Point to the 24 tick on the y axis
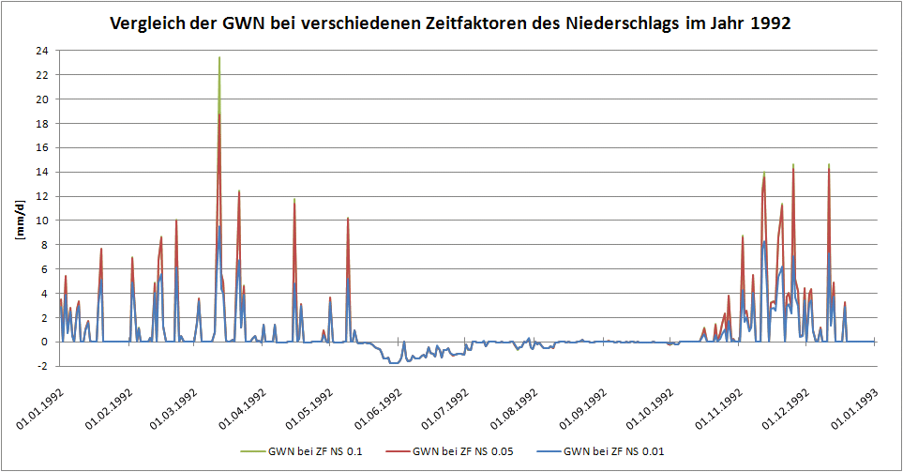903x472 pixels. coord(42,50)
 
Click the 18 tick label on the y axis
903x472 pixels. coord(42,123)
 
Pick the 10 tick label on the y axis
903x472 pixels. coord(42,221)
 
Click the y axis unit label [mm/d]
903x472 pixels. coord(19,220)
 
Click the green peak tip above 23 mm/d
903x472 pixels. coord(219,57)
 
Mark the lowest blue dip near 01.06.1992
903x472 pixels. coord(393,363)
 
